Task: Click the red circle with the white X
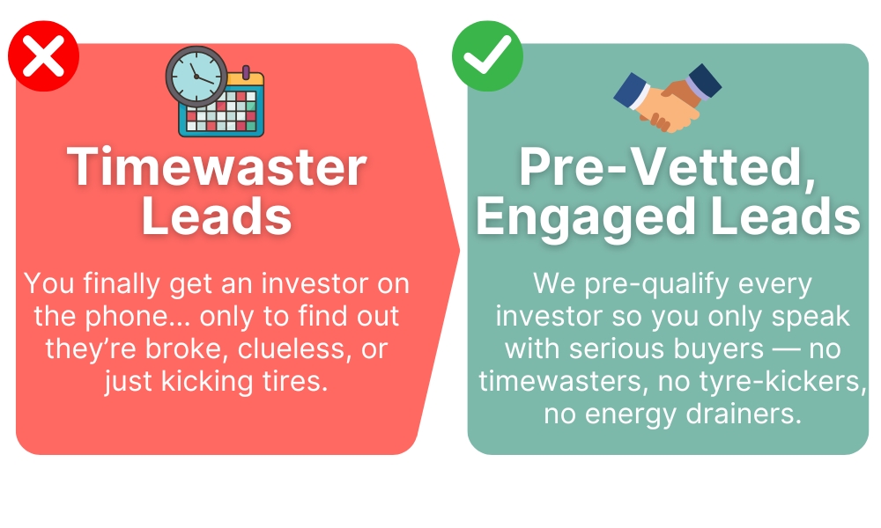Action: tap(43, 56)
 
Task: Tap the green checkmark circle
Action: tap(487, 56)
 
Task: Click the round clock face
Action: tap(196, 77)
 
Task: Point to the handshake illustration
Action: tap(668, 98)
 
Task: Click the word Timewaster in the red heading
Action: tap(217, 167)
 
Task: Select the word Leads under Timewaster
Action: tap(217, 216)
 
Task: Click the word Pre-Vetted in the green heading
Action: tap(668, 167)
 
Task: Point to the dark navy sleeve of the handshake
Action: tap(705, 81)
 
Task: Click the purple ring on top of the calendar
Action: tap(246, 72)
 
